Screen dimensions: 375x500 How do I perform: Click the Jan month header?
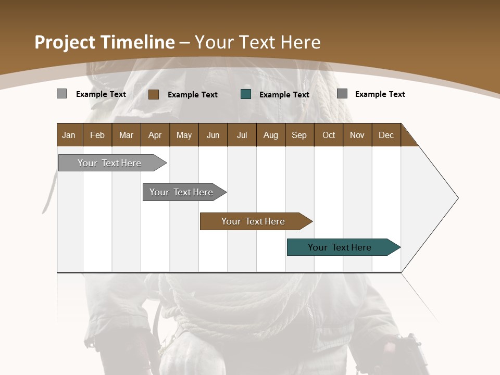69,135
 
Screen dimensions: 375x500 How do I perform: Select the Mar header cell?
126,135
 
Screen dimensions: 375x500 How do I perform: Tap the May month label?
184,135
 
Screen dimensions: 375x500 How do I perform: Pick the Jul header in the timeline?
242,135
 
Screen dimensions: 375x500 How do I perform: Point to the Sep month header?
299,135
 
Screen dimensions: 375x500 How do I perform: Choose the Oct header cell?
329,135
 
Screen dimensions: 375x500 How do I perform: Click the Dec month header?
386,135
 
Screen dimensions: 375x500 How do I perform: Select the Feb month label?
97,135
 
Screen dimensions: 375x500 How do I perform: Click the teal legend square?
246,94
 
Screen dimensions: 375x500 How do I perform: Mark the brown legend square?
154,94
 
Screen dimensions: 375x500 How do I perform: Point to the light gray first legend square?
61,94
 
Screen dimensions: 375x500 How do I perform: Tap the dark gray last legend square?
342,94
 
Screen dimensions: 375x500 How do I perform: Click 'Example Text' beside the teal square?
284,95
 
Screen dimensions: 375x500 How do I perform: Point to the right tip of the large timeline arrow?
457,198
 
